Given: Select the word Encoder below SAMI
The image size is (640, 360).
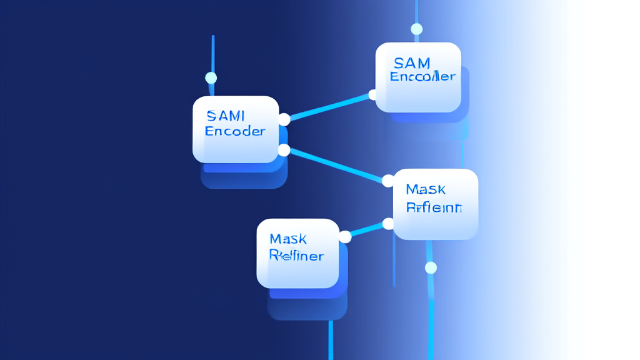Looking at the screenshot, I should point(235,131).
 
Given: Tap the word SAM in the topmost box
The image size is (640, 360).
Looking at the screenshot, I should point(412,62).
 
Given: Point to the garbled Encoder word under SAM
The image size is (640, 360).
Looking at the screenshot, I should point(422,77).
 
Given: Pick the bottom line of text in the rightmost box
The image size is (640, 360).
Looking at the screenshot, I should point(434,207).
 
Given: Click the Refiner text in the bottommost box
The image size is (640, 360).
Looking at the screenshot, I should point(296,255).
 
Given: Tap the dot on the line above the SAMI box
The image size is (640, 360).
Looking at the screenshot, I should point(211,78).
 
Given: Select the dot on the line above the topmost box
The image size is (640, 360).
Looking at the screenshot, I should point(417,29).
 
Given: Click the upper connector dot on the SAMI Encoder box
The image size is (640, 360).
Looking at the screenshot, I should point(284,119).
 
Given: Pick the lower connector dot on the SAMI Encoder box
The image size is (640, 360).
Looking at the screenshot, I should point(284,150).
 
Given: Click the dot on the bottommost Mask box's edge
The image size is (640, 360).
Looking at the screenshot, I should point(345,236).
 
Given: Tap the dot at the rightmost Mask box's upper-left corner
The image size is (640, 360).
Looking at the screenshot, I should point(388,181).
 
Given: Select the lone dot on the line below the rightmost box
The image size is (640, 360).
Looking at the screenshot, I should point(431,268).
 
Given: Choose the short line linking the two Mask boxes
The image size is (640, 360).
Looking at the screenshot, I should point(367,230).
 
